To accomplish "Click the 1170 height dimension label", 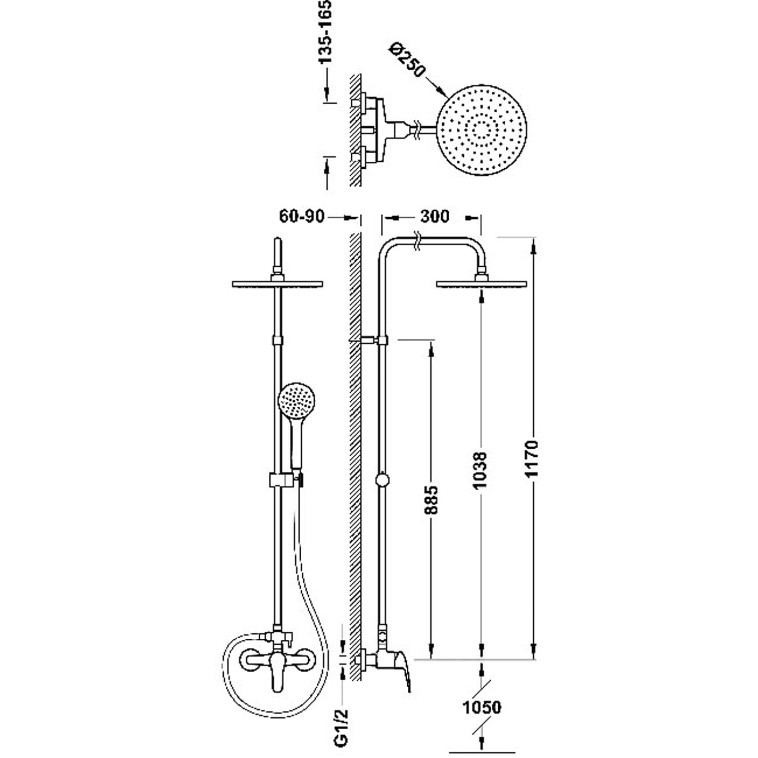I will (x=532, y=459).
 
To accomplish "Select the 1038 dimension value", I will (x=480, y=469).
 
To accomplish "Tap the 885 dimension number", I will (x=431, y=500).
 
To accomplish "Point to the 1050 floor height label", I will (x=482, y=707).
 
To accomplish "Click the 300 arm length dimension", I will (x=434, y=216).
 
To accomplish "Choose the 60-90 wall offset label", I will (x=302, y=216).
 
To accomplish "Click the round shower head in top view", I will (x=482, y=130).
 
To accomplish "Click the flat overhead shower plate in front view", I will (x=277, y=285).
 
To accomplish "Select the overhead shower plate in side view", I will (x=481, y=285).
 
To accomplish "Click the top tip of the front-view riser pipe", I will (x=277, y=239).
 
